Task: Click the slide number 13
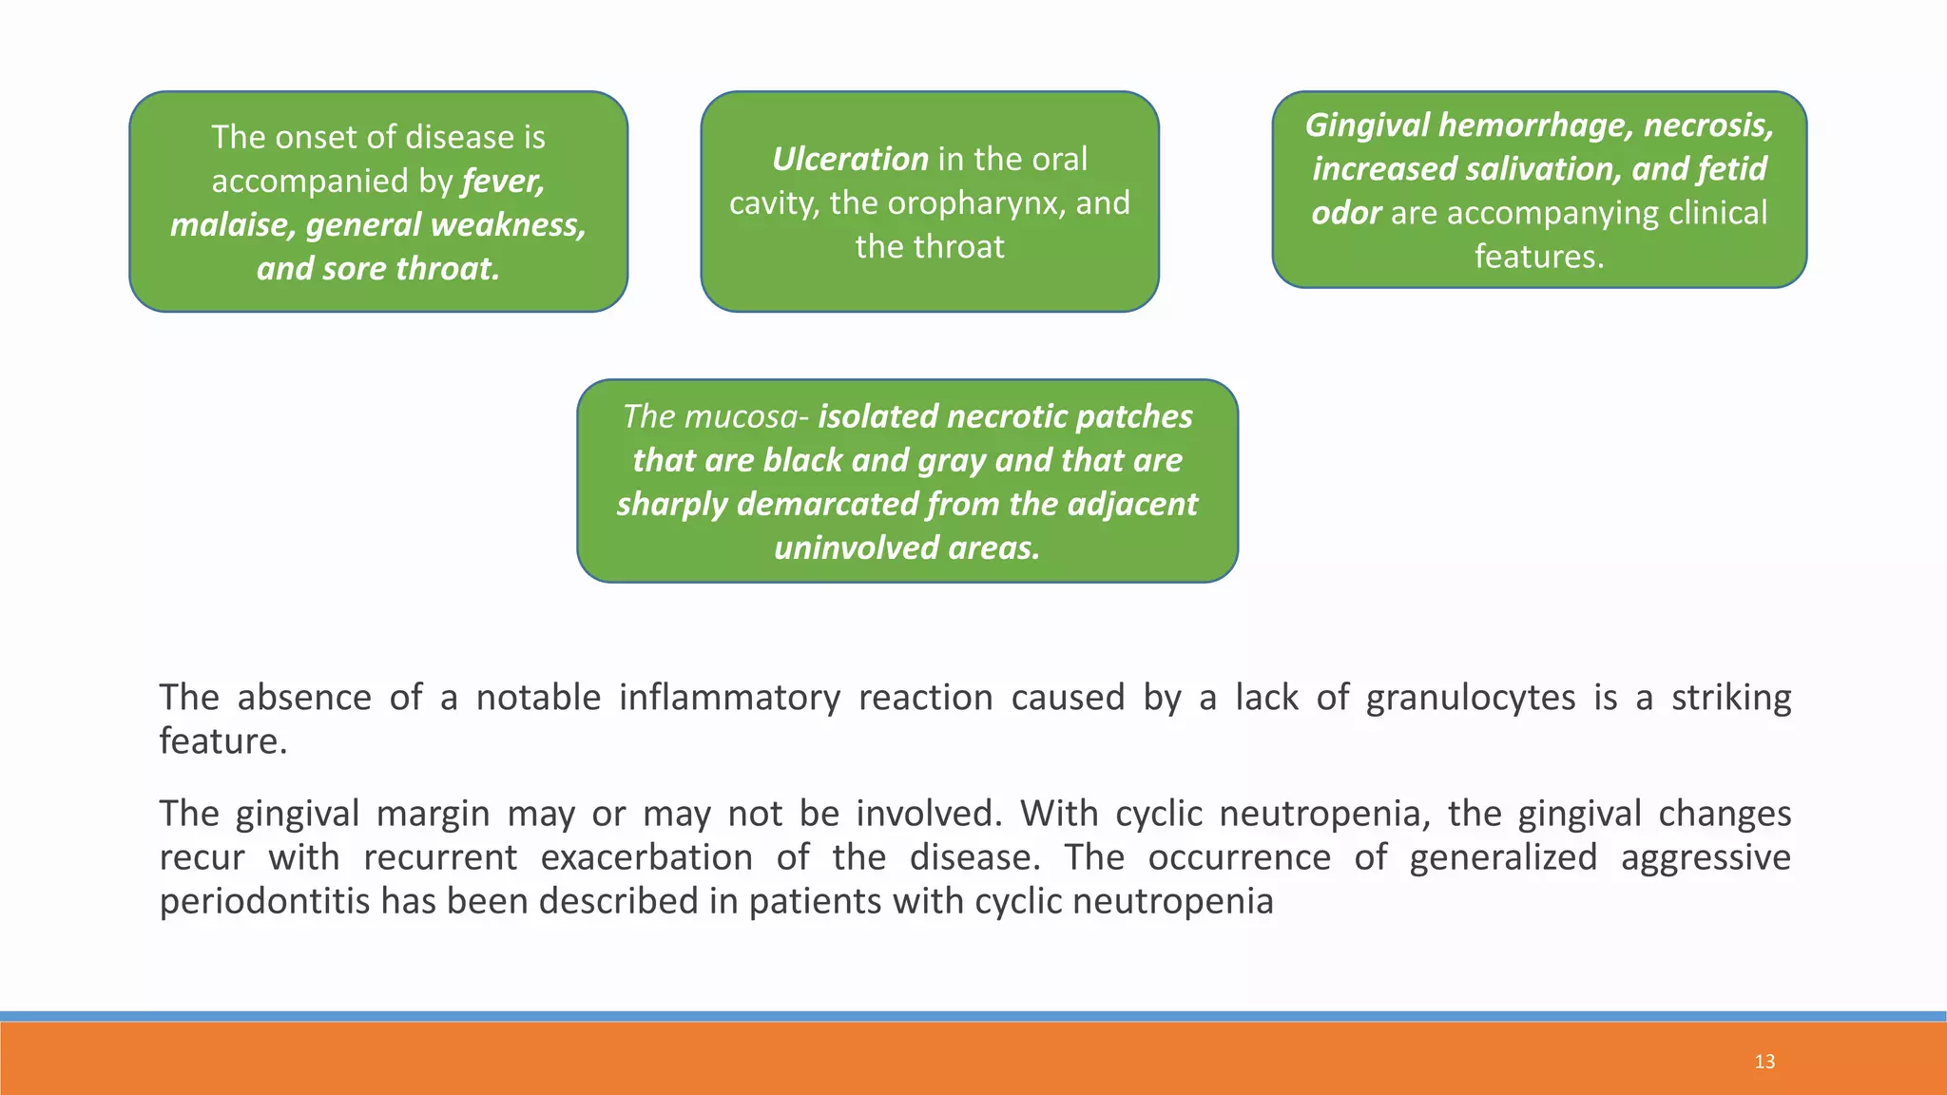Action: (1764, 1062)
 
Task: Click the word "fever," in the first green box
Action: (503, 181)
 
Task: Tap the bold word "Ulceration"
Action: (850, 159)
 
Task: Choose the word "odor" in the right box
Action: (1346, 212)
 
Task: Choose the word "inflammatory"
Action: (729, 698)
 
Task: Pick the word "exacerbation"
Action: (646, 857)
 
